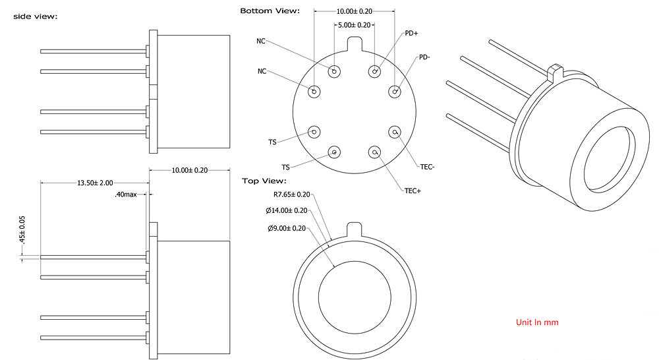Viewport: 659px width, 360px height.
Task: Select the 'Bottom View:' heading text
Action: (x=270, y=11)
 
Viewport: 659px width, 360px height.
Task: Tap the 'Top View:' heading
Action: (x=264, y=181)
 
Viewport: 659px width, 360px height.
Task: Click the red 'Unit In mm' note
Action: (x=537, y=322)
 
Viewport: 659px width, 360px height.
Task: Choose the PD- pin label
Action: (x=424, y=57)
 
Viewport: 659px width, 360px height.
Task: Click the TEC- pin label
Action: (x=426, y=167)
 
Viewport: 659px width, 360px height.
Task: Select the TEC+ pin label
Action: (x=413, y=191)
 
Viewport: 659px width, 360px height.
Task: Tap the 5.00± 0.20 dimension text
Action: (x=355, y=24)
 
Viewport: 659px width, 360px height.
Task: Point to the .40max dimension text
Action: (x=125, y=195)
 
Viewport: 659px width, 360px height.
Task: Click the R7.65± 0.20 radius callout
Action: (x=291, y=195)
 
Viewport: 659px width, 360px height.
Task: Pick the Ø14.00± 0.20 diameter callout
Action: (x=287, y=210)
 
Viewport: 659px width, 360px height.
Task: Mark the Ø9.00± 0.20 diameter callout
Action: (x=287, y=228)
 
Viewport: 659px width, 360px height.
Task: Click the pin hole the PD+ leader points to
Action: (x=375, y=71)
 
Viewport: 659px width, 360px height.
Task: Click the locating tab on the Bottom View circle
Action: (x=355, y=44)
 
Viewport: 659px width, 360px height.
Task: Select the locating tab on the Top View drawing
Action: (x=355, y=230)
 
